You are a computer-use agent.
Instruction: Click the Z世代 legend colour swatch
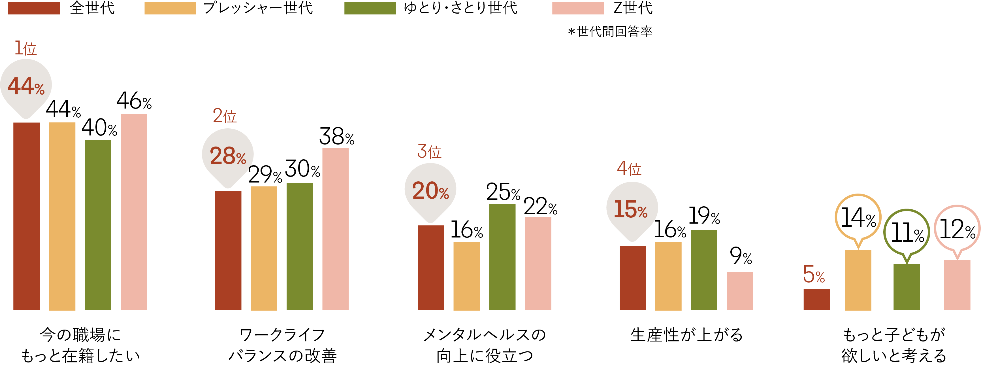tap(578, 8)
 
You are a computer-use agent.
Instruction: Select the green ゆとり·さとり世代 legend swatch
tap(370, 8)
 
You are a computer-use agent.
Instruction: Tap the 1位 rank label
tap(25, 48)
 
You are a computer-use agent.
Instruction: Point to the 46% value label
tap(134, 101)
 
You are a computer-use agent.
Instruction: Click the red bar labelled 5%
tap(816, 300)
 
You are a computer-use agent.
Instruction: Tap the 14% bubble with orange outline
tap(858, 218)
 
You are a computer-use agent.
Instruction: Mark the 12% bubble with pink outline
tap(957, 229)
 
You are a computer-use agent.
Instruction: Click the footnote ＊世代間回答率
tap(610, 31)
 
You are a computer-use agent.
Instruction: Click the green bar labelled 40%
tap(98, 225)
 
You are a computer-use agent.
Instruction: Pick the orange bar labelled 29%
tap(264, 248)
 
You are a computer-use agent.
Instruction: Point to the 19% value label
tap(704, 216)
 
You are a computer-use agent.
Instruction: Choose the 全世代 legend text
tap(92, 8)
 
